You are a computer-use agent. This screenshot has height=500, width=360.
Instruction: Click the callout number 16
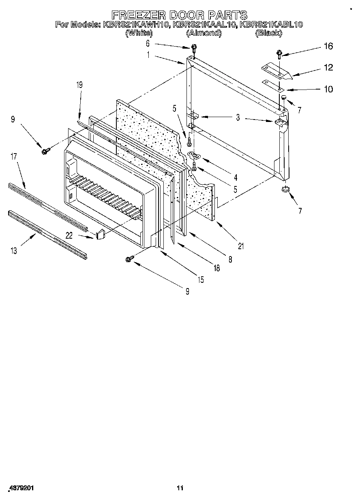[328, 46]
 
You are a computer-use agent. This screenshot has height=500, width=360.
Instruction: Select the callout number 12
[328, 68]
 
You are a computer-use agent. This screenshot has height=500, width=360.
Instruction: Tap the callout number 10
[328, 89]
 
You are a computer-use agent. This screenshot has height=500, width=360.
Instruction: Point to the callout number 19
[79, 85]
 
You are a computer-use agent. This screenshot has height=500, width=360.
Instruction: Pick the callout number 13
[14, 251]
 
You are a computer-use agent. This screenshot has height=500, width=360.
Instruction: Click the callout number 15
[200, 280]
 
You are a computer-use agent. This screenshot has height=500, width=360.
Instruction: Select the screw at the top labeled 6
[194, 48]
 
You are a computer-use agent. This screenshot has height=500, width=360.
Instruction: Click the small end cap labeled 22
[101, 234]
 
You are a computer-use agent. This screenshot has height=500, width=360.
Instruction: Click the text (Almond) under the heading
[204, 33]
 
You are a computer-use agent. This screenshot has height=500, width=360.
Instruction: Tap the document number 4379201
[21, 488]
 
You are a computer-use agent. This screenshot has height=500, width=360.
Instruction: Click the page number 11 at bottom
[180, 488]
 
